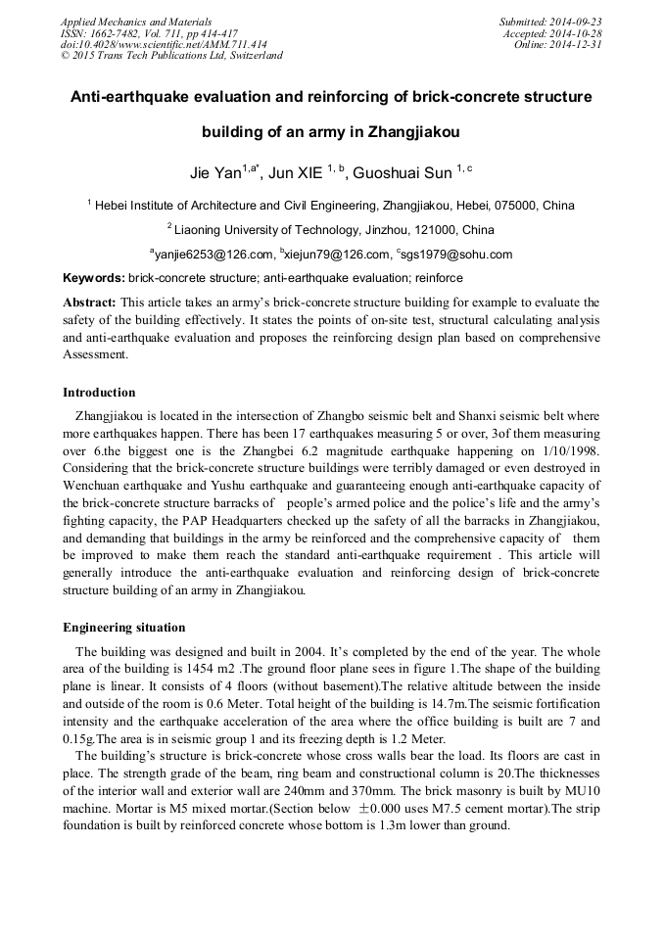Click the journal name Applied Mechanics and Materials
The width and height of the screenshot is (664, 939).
[x=136, y=22]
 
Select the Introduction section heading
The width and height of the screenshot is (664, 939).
[x=99, y=393]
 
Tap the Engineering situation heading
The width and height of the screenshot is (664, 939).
[x=123, y=628]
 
